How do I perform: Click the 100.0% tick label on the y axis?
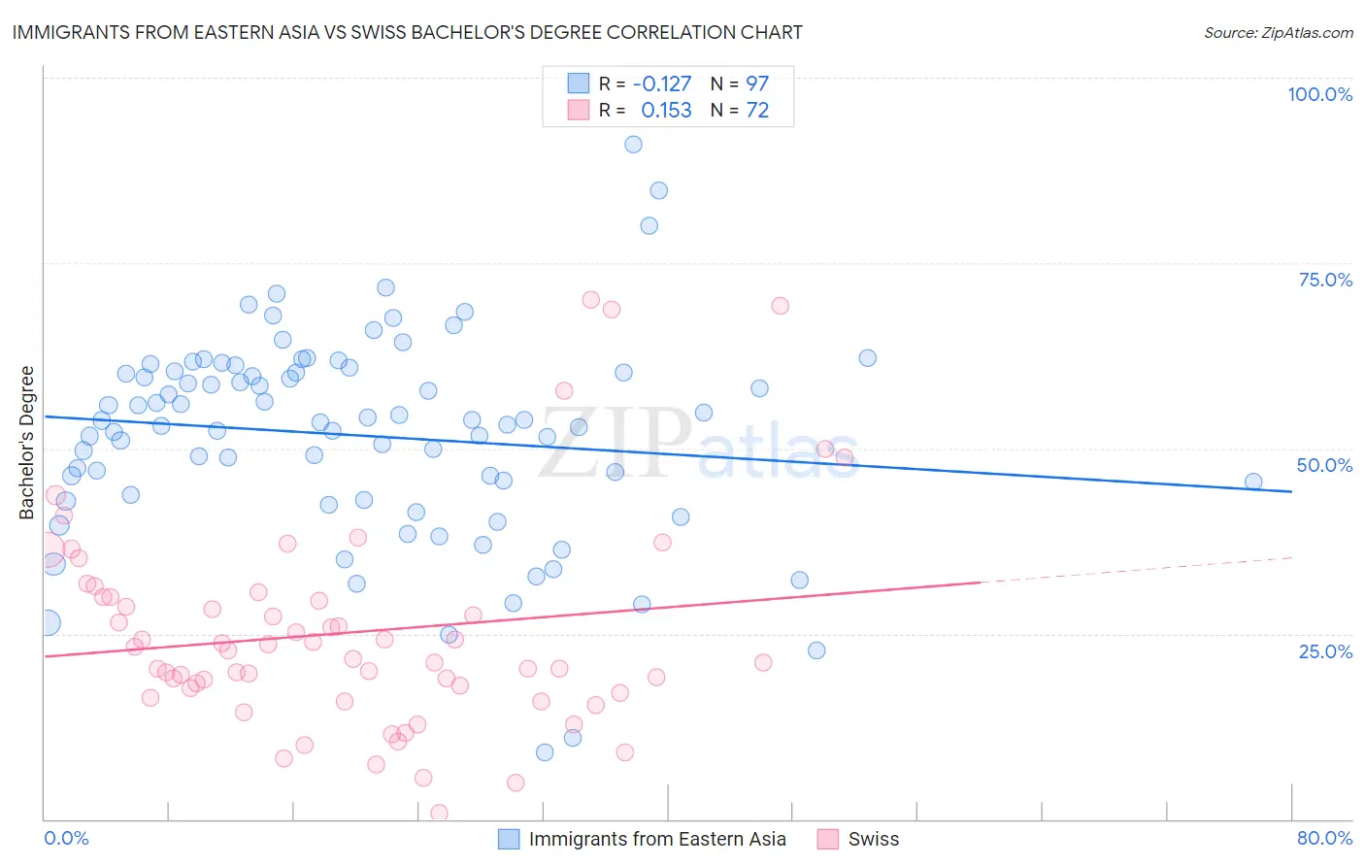1319,94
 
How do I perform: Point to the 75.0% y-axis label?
1325,280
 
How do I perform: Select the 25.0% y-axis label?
1325,651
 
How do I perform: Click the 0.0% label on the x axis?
66,838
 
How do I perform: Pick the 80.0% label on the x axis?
1324,838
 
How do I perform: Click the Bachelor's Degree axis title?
27,443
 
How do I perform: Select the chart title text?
407,32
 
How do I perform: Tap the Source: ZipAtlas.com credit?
1278,32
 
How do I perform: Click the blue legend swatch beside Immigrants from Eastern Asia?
509,839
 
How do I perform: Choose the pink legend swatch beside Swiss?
828,839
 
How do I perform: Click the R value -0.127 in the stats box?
662,83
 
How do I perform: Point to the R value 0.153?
666,110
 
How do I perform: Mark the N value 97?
757,83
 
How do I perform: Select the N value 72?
757,110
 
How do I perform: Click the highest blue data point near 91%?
633,145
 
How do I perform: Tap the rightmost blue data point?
1253,482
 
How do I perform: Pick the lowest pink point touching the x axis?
439,813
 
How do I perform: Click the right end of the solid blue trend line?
1290,491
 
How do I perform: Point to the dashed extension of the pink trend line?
1136,570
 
